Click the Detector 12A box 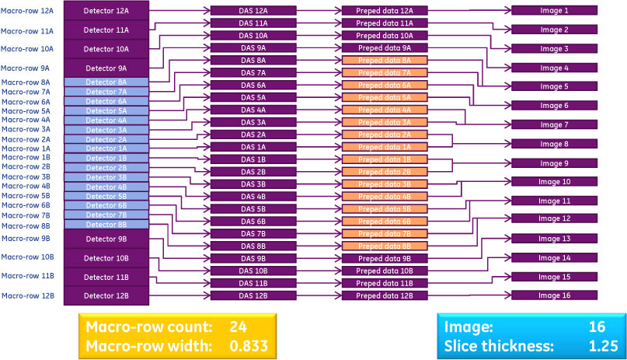(x=106, y=11)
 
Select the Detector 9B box (x=106, y=239)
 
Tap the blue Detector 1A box (x=106, y=149)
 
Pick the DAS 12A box (x=253, y=11)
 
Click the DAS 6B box (x=253, y=221)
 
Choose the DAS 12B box (x=253, y=295)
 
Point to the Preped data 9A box (x=385, y=48)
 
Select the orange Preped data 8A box (x=385, y=61)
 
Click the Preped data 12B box (x=385, y=295)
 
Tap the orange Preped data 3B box (x=385, y=184)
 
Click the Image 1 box (x=555, y=11)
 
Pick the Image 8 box (x=555, y=144)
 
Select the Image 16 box (x=555, y=295)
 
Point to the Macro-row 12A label (x=27, y=11)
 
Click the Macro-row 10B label (x=27, y=257)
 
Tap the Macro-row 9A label (x=27, y=68)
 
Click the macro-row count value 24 (x=238, y=327)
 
